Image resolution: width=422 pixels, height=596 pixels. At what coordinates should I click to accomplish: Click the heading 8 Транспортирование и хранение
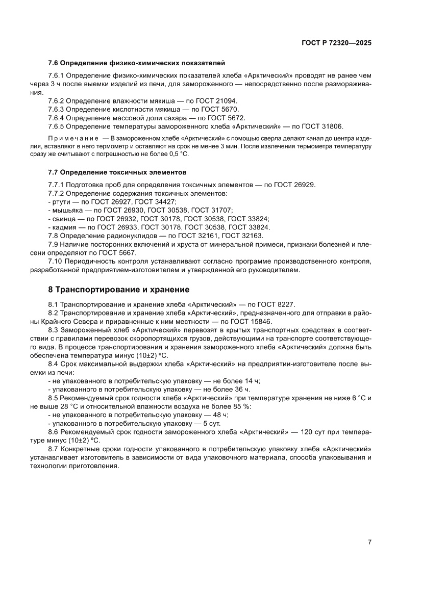point(118,290)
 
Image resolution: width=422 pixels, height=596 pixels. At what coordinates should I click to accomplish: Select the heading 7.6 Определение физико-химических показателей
point(136,63)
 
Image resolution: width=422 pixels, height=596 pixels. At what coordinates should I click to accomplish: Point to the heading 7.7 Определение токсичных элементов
point(117,173)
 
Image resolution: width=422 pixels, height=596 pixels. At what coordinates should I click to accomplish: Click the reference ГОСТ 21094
point(218,101)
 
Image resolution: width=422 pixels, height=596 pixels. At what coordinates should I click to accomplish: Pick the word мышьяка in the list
point(65,210)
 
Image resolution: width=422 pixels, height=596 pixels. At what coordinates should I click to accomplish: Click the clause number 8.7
point(53,449)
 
